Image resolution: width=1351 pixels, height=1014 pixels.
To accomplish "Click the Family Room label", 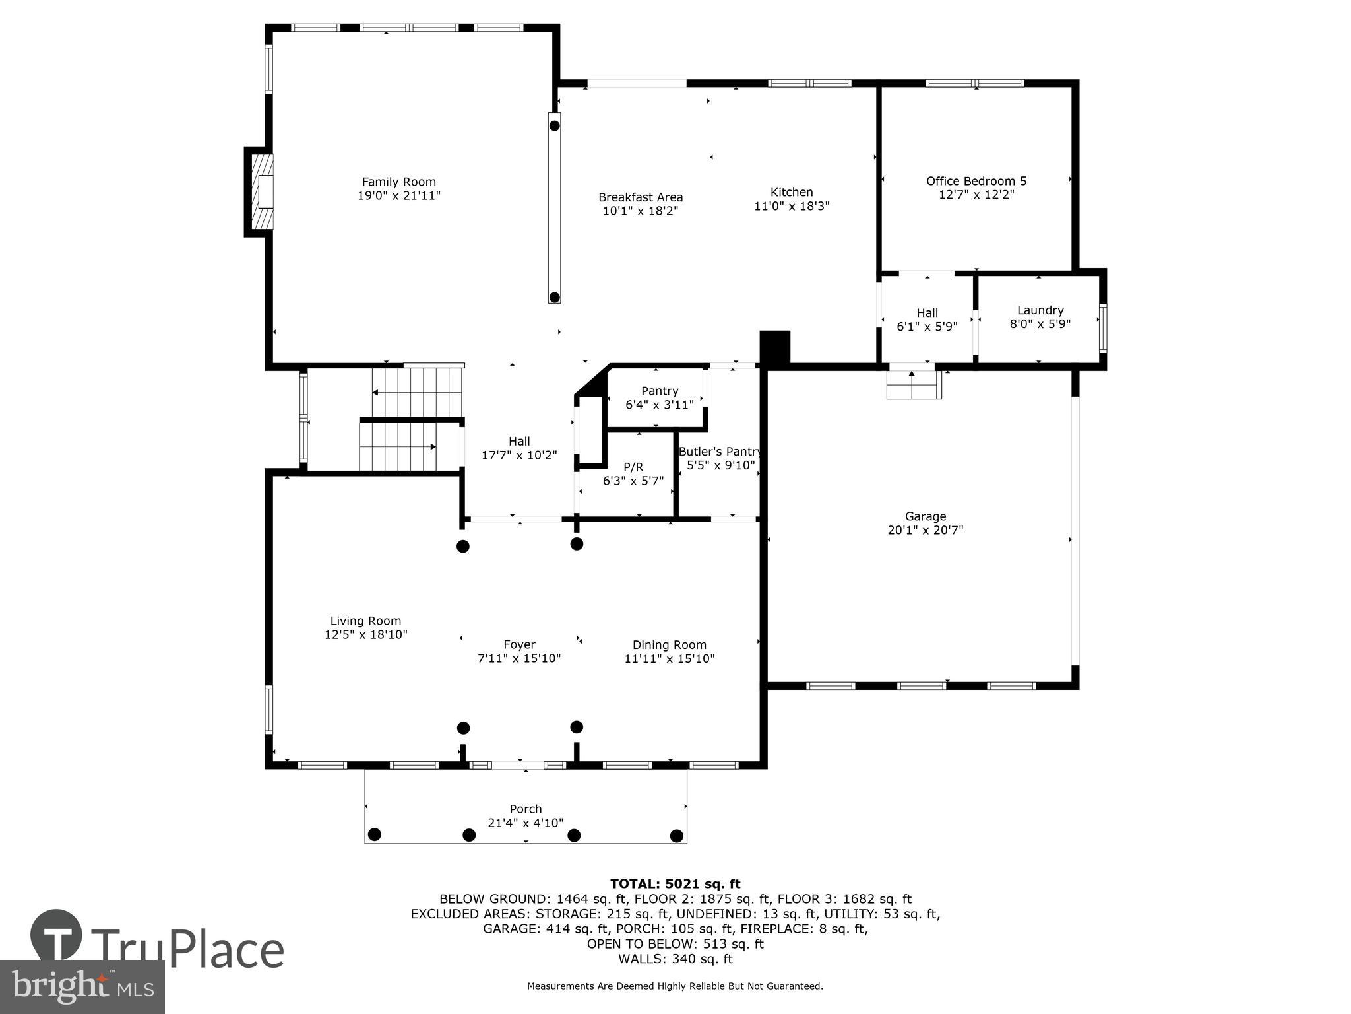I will point(398,182).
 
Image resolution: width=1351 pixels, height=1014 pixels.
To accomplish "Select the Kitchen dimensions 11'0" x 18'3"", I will point(792,206).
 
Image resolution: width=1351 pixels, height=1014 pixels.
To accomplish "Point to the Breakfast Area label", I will point(641,197).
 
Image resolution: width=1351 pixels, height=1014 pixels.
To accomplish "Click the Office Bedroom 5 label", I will point(976,181).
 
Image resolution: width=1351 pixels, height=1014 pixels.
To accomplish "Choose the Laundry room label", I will point(1040,310).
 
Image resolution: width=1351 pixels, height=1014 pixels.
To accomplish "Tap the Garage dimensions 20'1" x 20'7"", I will point(926,530).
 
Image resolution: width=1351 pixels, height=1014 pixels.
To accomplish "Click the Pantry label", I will point(660,391).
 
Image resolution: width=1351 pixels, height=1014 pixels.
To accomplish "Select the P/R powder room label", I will point(633,467).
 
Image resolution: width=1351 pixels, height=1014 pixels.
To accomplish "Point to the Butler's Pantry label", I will point(720,452).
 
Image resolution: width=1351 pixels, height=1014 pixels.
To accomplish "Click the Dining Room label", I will point(670,645).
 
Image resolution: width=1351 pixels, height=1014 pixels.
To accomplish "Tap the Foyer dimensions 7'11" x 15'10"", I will point(519,659).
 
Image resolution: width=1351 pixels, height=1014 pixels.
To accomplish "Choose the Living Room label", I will point(365,621).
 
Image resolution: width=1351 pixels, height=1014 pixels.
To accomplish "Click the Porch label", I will point(526,809).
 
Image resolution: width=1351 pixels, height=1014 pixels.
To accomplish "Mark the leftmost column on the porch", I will point(374,834).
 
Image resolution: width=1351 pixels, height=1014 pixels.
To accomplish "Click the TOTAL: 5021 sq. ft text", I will point(675,884).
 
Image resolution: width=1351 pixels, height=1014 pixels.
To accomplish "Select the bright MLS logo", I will point(82,986).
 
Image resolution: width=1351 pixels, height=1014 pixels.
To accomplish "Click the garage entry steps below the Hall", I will point(913,385).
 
